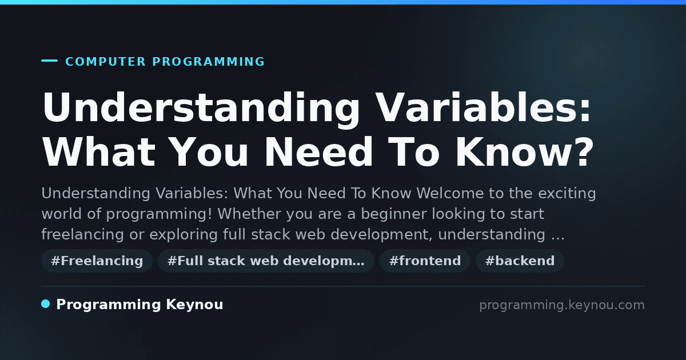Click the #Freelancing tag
tap(97, 261)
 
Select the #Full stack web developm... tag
tap(266, 261)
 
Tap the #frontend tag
tap(425, 261)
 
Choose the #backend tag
tap(520, 261)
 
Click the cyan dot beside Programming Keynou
tap(45, 304)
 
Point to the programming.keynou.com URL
tap(562, 305)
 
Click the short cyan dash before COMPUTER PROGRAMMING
tap(49, 61)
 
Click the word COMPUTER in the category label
tap(106, 62)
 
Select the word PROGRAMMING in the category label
tap(209, 62)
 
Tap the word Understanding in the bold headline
tap(201, 109)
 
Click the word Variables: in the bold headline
tap(483, 107)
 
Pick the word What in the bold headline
tap(99, 152)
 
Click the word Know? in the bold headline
tap(525, 152)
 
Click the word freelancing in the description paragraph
tap(83, 234)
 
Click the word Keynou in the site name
tap(194, 305)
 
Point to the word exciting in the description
tap(567, 194)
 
